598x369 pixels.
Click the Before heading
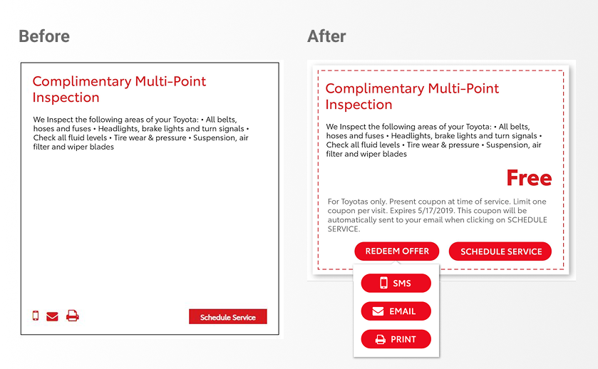(x=44, y=36)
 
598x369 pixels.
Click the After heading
(x=326, y=36)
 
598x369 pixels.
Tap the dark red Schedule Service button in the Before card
(x=227, y=317)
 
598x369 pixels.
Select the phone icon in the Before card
(x=36, y=316)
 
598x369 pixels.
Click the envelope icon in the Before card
(x=52, y=316)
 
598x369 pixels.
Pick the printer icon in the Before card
(x=73, y=316)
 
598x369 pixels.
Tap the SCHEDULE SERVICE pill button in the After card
(x=500, y=251)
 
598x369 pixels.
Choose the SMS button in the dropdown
(x=396, y=284)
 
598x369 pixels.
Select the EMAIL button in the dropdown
(x=396, y=311)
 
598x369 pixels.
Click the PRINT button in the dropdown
(x=396, y=339)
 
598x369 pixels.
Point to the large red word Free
(x=529, y=178)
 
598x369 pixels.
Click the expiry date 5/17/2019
(x=435, y=211)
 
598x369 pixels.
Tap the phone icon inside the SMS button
(x=383, y=283)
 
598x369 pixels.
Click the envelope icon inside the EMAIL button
(x=378, y=311)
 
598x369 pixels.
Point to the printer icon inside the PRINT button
(x=380, y=339)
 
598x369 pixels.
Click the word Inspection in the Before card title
(x=66, y=98)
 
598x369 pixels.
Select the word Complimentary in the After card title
(x=374, y=89)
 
